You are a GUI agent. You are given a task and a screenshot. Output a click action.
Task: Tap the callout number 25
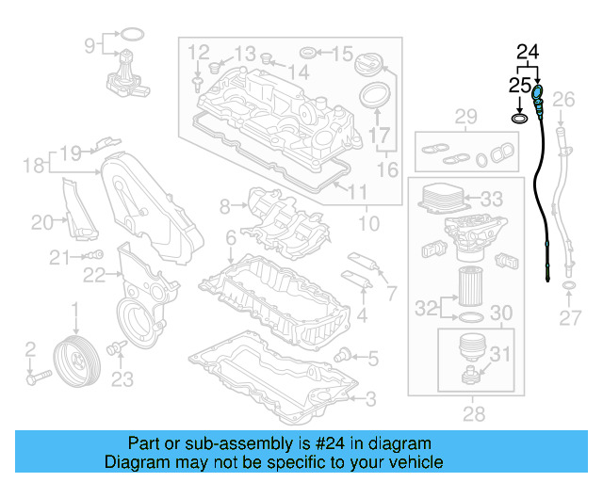click(519, 85)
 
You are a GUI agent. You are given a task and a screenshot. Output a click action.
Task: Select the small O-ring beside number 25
click(518, 119)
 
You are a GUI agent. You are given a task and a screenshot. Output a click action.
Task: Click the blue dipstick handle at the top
click(538, 95)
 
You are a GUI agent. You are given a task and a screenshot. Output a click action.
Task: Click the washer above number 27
click(568, 283)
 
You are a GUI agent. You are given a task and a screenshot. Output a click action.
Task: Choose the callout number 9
click(90, 43)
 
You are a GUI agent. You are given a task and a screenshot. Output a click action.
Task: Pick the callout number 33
click(492, 200)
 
